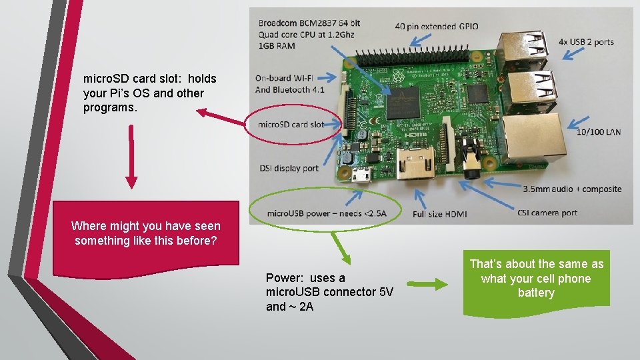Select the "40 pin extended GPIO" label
click(436, 27)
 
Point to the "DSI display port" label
click(289, 169)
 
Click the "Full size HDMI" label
click(439, 214)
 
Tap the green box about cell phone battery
click(536, 279)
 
